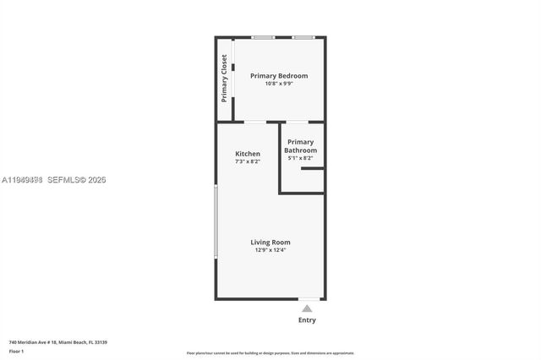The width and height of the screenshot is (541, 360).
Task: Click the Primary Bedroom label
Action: click(x=279, y=76)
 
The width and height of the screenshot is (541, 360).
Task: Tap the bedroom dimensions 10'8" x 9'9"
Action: click(x=279, y=84)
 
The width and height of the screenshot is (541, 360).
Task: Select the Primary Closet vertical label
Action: click(x=224, y=79)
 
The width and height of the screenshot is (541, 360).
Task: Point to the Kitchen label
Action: click(x=248, y=154)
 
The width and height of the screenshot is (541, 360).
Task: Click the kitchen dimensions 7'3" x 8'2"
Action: click(x=248, y=161)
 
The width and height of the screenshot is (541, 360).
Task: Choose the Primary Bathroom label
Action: click(x=301, y=146)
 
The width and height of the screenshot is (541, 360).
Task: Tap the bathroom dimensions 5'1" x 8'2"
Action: click(x=301, y=158)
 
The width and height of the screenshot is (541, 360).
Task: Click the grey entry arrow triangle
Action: click(x=308, y=309)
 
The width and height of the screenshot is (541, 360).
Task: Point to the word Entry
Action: click(x=308, y=320)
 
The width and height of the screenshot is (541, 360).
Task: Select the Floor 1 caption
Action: click(x=17, y=351)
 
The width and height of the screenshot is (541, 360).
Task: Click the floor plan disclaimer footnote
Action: click(x=270, y=353)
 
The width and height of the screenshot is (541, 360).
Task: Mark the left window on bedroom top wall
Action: click(x=263, y=37)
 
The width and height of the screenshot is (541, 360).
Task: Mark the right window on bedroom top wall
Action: click(x=303, y=37)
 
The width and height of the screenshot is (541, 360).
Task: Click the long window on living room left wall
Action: click(x=216, y=221)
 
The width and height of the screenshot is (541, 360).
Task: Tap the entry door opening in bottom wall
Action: click(x=309, y=298)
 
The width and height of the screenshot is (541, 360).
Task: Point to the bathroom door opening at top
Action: click(x=297, y=123)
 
